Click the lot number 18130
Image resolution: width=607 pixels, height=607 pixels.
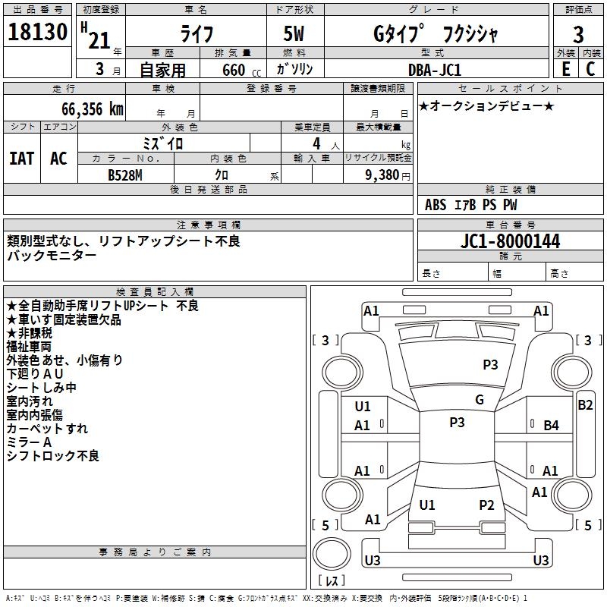(37, 32)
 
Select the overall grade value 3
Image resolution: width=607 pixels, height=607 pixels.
(578, 34)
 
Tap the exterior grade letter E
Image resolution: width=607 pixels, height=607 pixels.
(566, 69)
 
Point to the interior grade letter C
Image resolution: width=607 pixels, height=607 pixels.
(590, 69)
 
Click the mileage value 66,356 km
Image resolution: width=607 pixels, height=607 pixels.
(93, 109)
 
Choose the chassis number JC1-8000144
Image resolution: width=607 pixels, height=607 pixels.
(510, 241)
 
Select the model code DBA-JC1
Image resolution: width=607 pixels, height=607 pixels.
(435, 70)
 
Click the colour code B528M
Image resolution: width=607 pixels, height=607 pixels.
(125, 175)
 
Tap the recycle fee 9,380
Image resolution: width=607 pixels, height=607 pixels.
(382, 175)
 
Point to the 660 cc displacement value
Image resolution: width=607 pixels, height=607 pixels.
(241, 70)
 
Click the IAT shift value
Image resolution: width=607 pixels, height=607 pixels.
(22, 159)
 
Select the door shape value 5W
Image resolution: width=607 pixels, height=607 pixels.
(294, 33)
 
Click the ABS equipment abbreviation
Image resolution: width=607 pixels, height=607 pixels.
(436, 205)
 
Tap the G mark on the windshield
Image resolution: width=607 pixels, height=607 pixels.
(480, 400)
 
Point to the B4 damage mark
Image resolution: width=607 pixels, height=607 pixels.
(551, 426)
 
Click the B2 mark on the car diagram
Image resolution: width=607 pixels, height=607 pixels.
(585, 405)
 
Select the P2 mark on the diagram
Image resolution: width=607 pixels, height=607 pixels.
(486, 505)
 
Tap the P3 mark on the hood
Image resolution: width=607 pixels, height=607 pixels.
(490, 364)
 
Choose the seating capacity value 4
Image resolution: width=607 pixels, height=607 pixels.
(316, 143)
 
